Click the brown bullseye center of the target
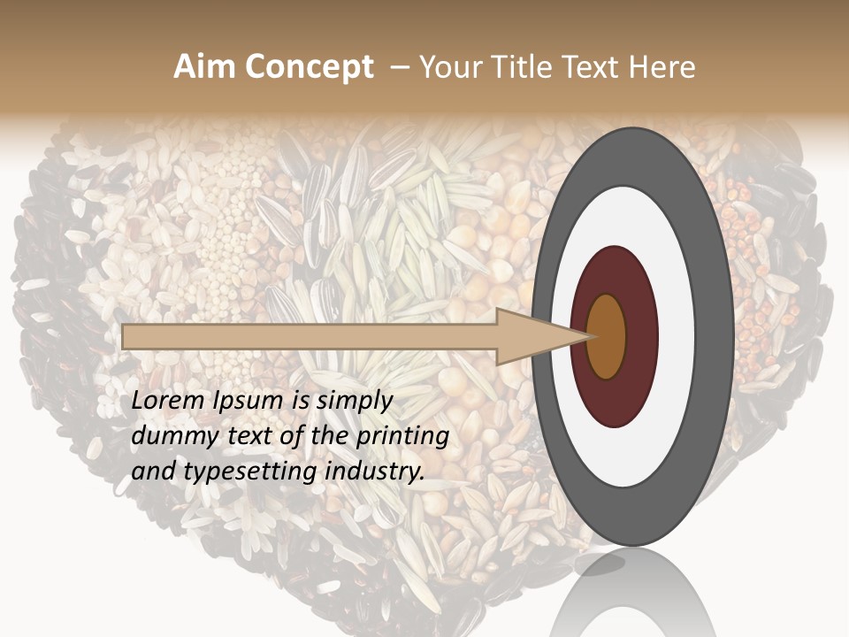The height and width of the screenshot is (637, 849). [606, 336]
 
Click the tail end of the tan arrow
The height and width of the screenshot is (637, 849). [126, 336]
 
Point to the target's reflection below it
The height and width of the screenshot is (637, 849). [632, 593]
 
